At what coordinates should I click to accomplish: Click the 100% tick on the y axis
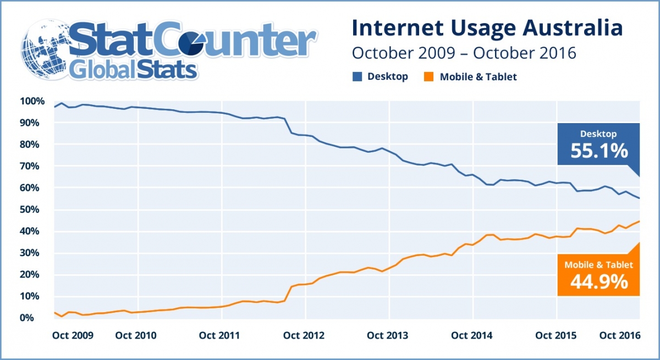point(31,101)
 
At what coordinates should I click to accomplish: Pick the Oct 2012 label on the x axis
point(306,335)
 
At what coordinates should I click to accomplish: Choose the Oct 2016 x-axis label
point(620,335)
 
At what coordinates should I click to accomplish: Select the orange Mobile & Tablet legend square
point(429,77)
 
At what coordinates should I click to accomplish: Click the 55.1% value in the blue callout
point(599,151)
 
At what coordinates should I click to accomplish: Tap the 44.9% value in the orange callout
point(599,281)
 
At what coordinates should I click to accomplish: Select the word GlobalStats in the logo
point(132,70)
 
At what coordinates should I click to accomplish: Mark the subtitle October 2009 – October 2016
point(464,53)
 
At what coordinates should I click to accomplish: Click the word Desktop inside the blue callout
point(599,134)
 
